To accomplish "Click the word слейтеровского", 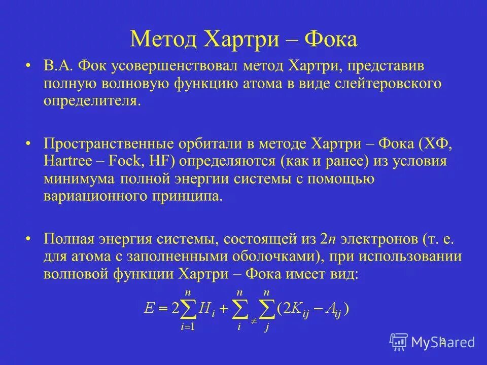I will point(388,84).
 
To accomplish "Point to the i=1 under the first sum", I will point(188,327).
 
